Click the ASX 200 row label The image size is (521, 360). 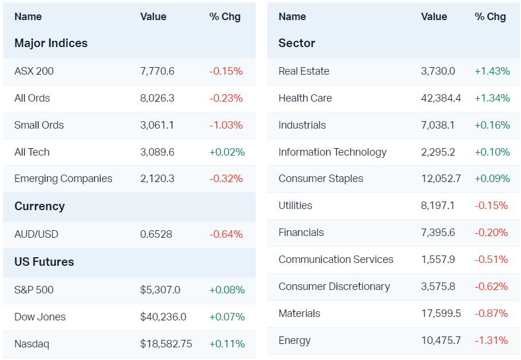pos(34,71)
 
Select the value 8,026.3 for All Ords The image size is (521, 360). pos(157,98)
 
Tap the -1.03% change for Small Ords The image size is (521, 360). pos(226,125)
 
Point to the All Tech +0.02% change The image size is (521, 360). pos(227,152)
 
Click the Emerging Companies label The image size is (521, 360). pos(63,179)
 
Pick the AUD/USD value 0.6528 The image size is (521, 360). pos(156,234)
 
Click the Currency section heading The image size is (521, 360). pos(40,206)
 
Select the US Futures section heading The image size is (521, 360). pos(44,262)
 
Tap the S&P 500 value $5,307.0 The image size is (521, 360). pos(160,290)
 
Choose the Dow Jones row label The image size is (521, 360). pos(40,317)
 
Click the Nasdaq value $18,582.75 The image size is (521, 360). pos(166,344)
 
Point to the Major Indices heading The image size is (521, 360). pos(51,43)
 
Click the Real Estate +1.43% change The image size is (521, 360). pos(492,71)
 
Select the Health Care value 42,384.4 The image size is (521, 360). pos(441,98)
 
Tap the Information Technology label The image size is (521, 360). pos(333,152)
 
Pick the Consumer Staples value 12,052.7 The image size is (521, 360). pos(441,179)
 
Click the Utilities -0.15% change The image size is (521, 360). pos(491,206)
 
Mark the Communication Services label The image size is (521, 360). pos(336,260)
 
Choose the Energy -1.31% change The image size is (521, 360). pos(491,340)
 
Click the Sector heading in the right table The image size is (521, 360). pos(297,43)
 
